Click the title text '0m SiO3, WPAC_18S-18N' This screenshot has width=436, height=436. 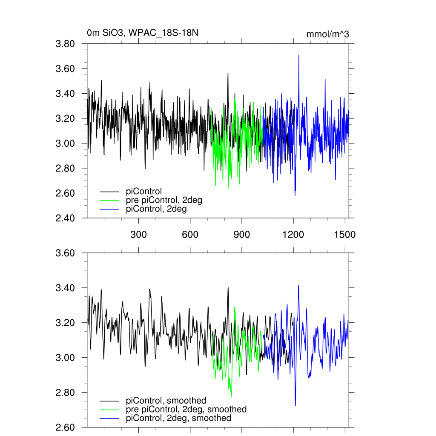[143, 33]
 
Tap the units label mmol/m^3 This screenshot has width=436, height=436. [327, 34]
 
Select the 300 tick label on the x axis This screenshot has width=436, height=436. [138, 235]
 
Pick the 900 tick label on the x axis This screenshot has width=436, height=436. [242, 235]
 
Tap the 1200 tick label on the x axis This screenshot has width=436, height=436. [293, 235]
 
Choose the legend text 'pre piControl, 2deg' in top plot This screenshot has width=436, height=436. [164, 200]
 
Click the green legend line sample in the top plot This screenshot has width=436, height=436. [109, 201]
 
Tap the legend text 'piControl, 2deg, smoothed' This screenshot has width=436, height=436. [178, 418]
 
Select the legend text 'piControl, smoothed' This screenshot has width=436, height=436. [166, 400]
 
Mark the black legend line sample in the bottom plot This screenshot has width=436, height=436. [109, 401]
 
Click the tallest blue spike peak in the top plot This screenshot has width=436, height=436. [299, 55]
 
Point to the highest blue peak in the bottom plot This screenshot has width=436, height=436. [298, 286]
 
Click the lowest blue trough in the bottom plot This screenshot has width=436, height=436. [295, 405]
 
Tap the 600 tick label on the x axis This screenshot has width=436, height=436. [190, 235]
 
